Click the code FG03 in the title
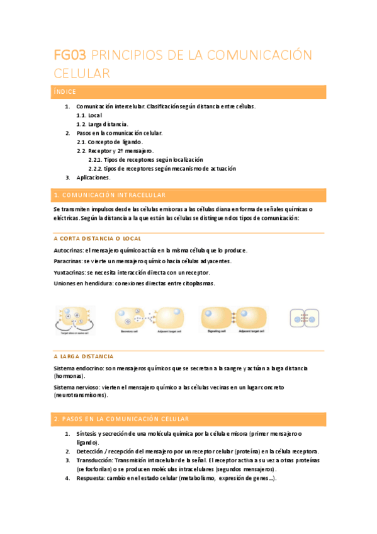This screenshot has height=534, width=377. tap(72, 55)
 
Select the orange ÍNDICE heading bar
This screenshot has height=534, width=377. tap(189, 92)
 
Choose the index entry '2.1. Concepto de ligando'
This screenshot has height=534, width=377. tap(111, 142)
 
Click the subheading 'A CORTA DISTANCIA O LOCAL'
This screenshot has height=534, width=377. tap(98, 239)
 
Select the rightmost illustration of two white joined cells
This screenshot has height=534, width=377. tap(305, 318)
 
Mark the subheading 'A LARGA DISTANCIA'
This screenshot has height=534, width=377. tap(84, 356)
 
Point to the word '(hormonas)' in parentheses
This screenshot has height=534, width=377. tap(69, 376)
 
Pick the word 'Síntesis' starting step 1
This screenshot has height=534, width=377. tap(87, 435)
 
